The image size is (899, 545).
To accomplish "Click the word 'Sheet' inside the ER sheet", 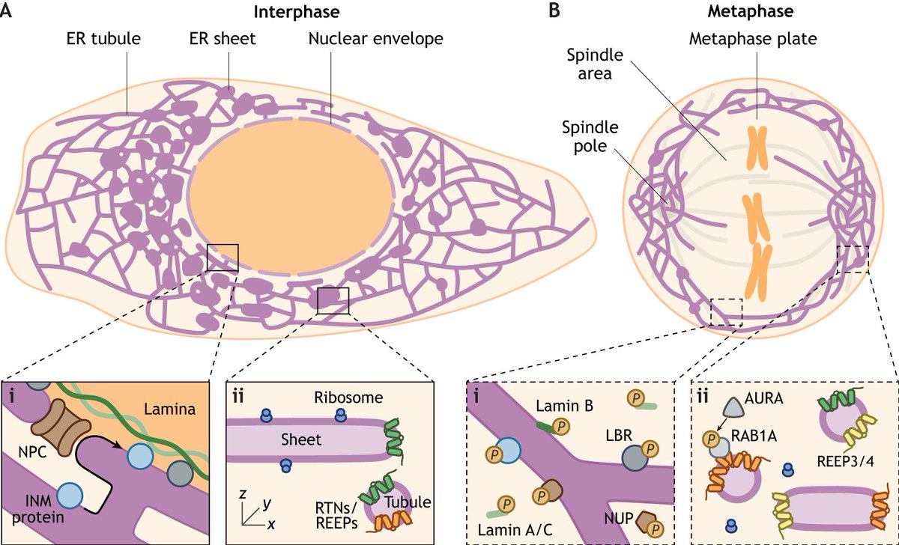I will point(300,440).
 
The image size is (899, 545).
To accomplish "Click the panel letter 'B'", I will point(554,13).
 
